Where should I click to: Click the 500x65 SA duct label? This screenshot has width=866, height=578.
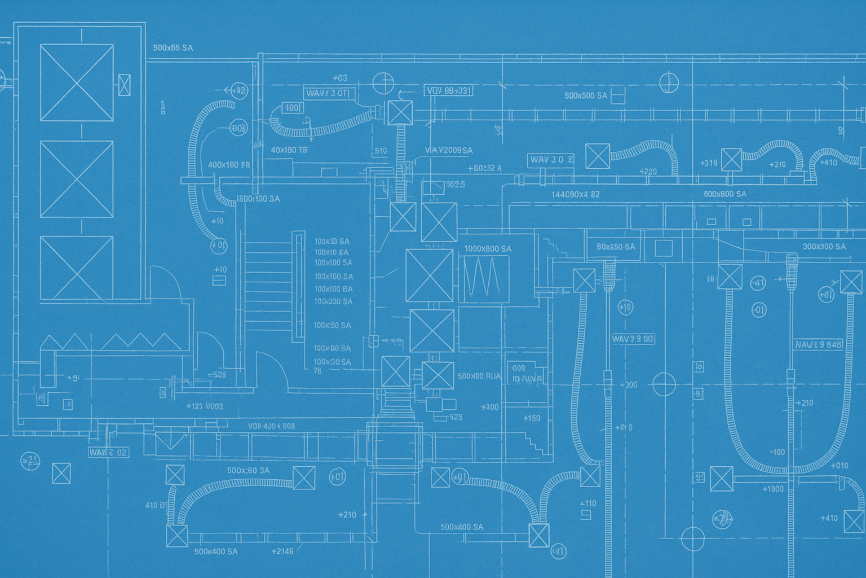173,48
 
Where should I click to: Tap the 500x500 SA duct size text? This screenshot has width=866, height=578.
586,96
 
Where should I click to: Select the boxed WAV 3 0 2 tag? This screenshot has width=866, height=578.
551,160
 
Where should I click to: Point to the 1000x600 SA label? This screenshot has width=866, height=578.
488,249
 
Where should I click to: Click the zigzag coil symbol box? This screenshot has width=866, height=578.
484,278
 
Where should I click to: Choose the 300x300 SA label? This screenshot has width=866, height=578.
824,247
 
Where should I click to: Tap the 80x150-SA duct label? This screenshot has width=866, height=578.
615,247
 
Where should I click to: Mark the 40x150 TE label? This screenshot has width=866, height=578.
289,150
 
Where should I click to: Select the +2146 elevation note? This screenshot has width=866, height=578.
282,551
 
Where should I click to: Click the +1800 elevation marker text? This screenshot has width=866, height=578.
773,489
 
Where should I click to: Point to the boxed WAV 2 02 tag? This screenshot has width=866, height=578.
108,452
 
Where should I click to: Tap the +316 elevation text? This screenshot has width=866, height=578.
709,163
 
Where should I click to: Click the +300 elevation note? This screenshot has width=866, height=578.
629,385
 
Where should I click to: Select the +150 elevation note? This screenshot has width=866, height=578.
531,418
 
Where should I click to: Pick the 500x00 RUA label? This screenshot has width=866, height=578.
479,376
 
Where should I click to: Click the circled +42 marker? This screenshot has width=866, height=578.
239,90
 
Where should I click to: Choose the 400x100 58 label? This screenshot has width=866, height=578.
228,165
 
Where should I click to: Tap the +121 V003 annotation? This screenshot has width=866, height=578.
205,406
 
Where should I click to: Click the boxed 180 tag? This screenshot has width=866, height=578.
292,108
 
